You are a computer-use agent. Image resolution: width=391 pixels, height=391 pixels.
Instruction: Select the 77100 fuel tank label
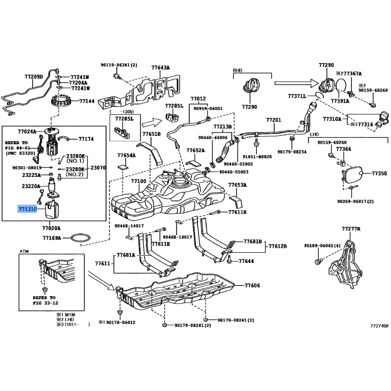pyautogui.click(x=138, y=181)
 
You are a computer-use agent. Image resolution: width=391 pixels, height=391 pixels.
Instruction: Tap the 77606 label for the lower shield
pyautogui.click(x=253, y=285)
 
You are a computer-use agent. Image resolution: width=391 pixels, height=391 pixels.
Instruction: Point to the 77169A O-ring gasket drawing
pyautogui.click(x=79, y=239)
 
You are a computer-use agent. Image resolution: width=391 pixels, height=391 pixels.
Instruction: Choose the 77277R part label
pyautogui.click(x=351, y=229)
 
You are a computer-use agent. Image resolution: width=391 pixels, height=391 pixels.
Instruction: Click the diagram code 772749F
pyautogui.click(x=379, y=325)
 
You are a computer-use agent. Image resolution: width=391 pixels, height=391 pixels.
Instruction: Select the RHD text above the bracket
pyautogui.click(x=238, y=70)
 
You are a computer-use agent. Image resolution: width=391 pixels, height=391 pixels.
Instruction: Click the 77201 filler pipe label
pyautogui.click(x=274, y=120)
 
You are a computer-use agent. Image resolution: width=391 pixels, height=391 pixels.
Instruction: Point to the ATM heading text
pyautogui.click(x=24, y=251)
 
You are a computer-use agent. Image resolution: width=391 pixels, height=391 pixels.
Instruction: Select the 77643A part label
pyautogui.click(x=160, y=68)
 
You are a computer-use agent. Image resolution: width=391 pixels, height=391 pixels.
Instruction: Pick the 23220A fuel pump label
pyautogui.click(x=31, y=186)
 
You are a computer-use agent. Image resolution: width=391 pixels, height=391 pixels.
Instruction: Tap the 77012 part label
pyautogui.click(x=198, y=99)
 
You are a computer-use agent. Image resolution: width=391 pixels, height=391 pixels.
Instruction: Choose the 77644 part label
pyautogui.click(x=246, y=262)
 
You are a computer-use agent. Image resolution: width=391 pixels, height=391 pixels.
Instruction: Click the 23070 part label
pyautogui.click(x=99, y=167)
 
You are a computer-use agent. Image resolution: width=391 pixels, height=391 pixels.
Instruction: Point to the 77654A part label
pyautogui.click(x=126, y=155)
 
